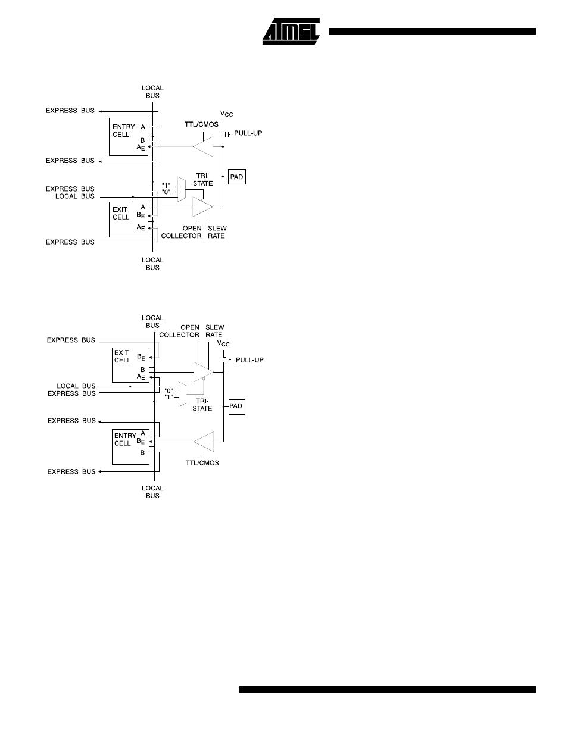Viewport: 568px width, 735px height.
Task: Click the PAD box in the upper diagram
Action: click(237, 177)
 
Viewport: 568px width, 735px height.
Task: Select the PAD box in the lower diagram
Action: click(237, 406)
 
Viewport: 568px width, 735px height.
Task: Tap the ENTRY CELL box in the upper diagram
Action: click(129, 137)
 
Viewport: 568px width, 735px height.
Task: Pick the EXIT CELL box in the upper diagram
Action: click(129, 220)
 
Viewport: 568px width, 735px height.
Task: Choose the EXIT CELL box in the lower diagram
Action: click(130, 365)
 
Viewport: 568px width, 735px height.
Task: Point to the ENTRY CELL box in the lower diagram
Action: click(130, 447)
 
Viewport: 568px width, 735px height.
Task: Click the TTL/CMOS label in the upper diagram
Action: click(201, 124)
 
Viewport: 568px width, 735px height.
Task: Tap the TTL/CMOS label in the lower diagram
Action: click(202, 462)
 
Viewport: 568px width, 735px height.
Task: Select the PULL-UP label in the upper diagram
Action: click(248, 133)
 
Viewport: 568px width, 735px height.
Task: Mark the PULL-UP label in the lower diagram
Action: click(249, 360)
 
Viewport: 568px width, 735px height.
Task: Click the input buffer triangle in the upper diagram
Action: click(203, 146)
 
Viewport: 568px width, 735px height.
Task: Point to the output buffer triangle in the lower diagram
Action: click(203, 372)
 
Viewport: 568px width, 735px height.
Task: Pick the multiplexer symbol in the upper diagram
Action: click(182, 189)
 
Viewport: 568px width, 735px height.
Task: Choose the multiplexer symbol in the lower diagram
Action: click(182, 394)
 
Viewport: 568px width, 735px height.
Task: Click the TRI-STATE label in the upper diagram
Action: click(202, 180)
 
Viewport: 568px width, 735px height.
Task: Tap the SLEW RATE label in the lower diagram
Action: click(214, 331)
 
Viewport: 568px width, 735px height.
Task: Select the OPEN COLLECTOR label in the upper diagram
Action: click(182, 232)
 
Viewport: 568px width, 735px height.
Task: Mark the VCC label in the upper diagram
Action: click(226, 114)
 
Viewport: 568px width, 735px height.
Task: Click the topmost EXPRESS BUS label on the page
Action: click(70, 111)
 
